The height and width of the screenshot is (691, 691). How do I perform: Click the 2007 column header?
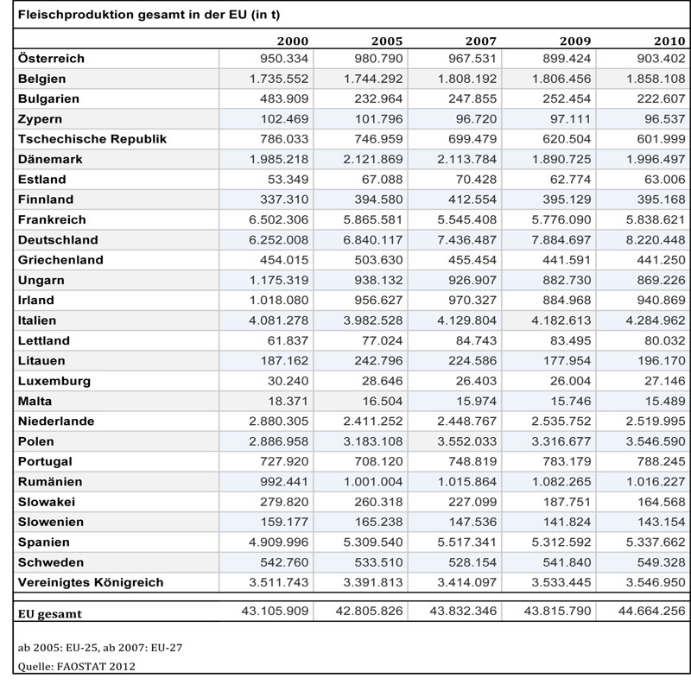tap(481, 41)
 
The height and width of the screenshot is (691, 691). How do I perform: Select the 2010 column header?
tap(669, 41)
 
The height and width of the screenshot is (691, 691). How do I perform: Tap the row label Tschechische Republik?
tap(92, 139)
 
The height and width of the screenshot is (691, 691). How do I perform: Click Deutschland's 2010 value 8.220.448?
tap(656, 240)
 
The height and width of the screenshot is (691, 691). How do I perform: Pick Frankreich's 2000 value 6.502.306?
tap(278, 219)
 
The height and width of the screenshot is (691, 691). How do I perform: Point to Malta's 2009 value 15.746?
tap(571, 401)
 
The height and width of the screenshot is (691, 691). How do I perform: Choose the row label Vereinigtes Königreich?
tap(91, 582)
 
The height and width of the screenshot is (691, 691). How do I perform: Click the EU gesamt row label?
tap(50, 614)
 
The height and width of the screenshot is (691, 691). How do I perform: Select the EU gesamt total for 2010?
tap(652, 611)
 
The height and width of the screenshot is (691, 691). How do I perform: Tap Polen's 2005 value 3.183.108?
tap(373, 441)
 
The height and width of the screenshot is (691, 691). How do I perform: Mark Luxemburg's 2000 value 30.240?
tap(288, 381)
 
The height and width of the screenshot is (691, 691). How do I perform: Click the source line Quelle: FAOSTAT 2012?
tap(76, 666)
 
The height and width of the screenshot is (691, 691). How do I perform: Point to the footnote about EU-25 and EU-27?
tap(100, 648)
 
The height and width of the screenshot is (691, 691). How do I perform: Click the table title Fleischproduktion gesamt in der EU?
tap(149, 15)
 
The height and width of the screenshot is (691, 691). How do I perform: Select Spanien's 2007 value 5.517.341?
tap(467, 542)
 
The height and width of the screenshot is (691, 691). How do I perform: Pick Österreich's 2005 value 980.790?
tap(378, 58)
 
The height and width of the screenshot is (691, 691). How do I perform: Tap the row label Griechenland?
tap(60, 260)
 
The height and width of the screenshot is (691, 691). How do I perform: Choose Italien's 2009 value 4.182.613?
tap(561, 320)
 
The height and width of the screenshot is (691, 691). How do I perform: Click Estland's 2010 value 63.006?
tap(665, 180)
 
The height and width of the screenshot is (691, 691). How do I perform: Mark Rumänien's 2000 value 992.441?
tap(284, 482)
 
